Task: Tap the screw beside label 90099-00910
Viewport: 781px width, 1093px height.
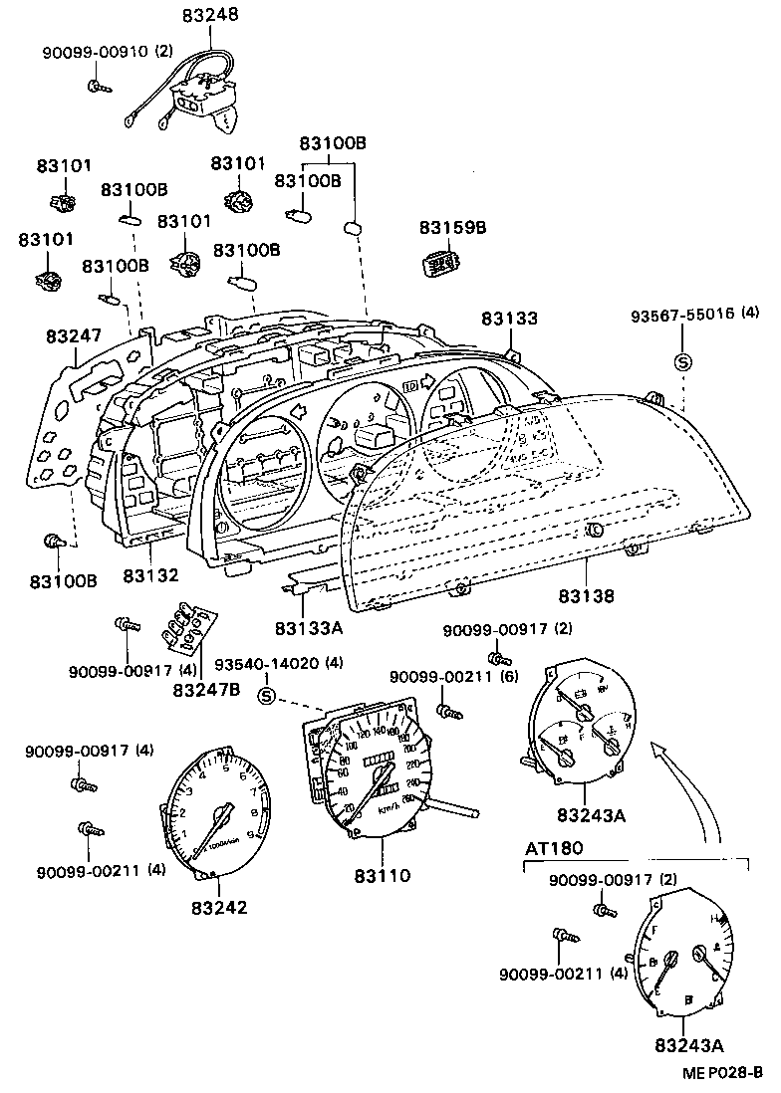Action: [98, 87]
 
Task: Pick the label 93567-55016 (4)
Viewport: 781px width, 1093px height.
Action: [694, 313]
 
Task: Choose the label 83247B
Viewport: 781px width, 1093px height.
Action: [205, 688]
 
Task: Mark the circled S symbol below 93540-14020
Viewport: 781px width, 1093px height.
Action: [266, 695]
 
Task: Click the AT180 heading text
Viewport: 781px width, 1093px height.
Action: [554, 848]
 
